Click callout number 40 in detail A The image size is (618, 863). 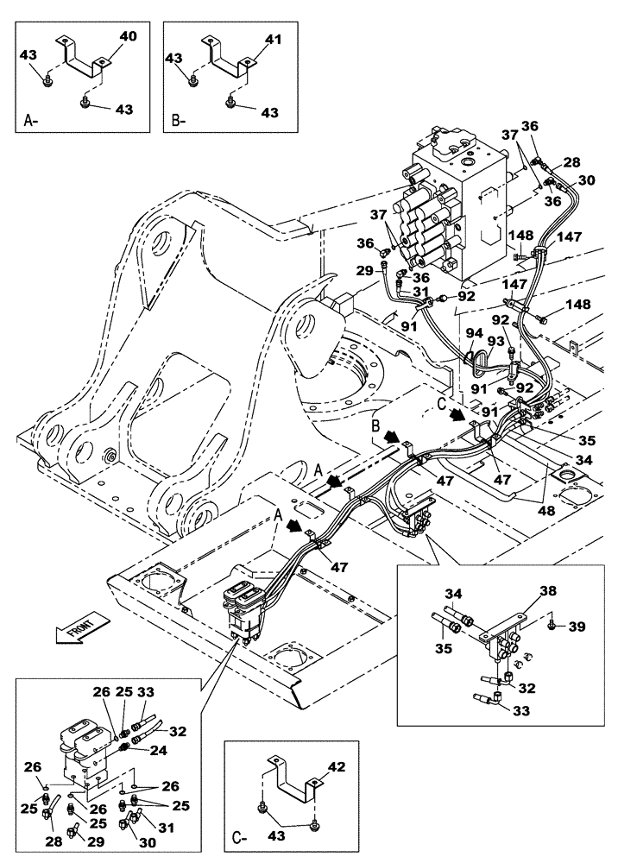tap(129, 37)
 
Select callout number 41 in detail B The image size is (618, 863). tap(274, 40)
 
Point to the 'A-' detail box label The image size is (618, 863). tap(30, 122)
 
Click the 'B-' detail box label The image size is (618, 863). tap(179, 122)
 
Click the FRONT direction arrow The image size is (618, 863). tap(80, 626)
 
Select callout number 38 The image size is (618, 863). tap(523, 592)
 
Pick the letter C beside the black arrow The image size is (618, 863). tap(442, 402)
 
